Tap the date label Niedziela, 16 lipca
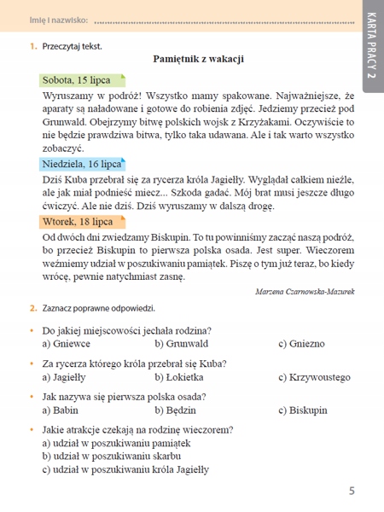pyautogui.click(x=83, y=163)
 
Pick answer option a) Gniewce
pyautogui.click(x=67, y=343)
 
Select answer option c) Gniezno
pyautogui.click(x=301, y=343)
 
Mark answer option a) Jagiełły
pyautogui.click(x=67, y=376)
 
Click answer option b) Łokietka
pyautogui.click(x=179, y=376)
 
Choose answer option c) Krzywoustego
pyautogui.click(x=315, y=376)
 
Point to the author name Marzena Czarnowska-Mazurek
pyautogui.click(x=305, y=291)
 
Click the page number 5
pyautogui.click(x=352, y=491)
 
